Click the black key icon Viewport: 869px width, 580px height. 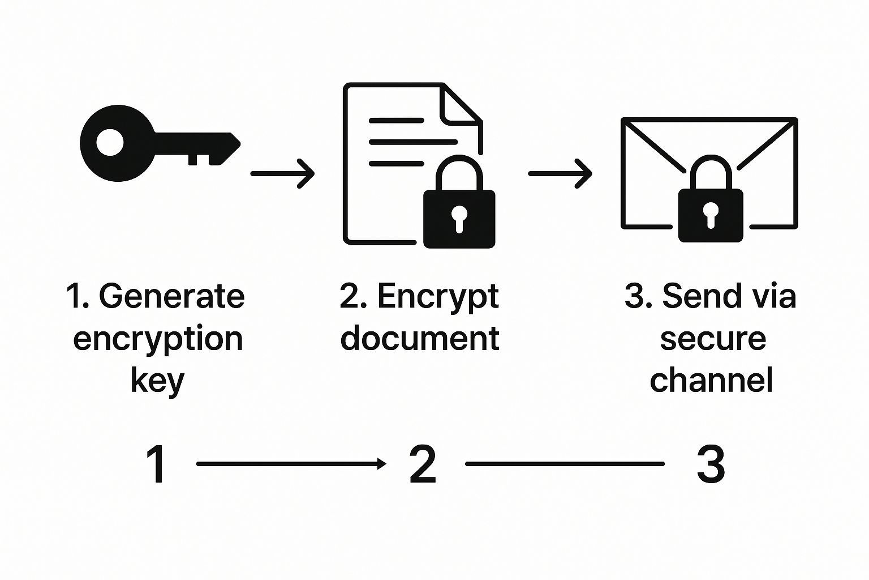pos(158,143)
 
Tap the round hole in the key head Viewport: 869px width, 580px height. pos(110,142)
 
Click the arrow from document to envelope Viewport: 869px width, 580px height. pos(560,173)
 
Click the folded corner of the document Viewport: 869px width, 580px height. pos(459,105)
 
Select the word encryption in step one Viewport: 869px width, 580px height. pos(158,338)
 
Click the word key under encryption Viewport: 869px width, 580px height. pos(157,381)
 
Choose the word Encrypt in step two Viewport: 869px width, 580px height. pos(438,296)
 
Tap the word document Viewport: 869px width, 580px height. pos(420,338)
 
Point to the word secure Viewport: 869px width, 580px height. pos(713,338)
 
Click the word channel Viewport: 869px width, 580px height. pos(711,380)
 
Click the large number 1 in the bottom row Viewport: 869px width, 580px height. pos(157,464)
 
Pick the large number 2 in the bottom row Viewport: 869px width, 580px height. pos(423,464)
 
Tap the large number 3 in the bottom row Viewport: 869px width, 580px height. pos(711,464)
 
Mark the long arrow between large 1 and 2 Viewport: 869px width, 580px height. pos(291,464)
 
